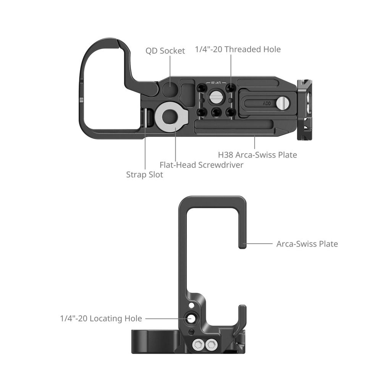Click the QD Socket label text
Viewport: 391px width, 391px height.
(165, 51)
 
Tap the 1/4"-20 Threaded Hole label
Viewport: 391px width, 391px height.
(238, 49)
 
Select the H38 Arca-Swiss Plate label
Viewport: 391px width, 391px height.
(257, 155)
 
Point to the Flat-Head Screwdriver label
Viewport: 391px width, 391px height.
(201, 165)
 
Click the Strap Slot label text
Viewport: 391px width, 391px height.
(144, 174)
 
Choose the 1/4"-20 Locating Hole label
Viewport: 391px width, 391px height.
(101, 318)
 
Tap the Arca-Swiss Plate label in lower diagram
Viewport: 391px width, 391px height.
(307, 244)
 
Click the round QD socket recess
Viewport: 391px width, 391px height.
(170, 89)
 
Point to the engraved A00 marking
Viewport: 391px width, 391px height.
(267, 103)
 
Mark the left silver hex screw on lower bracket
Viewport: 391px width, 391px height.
(198, 345)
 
